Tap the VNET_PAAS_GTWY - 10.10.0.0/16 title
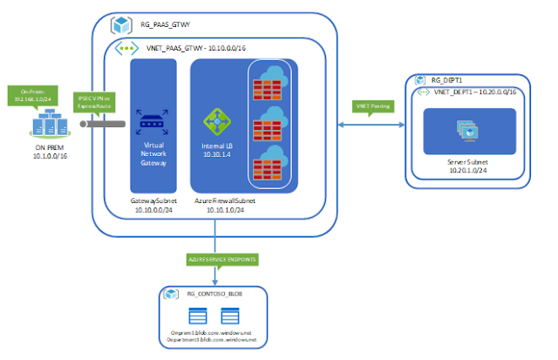tap(193, 51)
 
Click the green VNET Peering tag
tap(370, 107)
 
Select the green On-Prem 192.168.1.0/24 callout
tap(31, 95)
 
